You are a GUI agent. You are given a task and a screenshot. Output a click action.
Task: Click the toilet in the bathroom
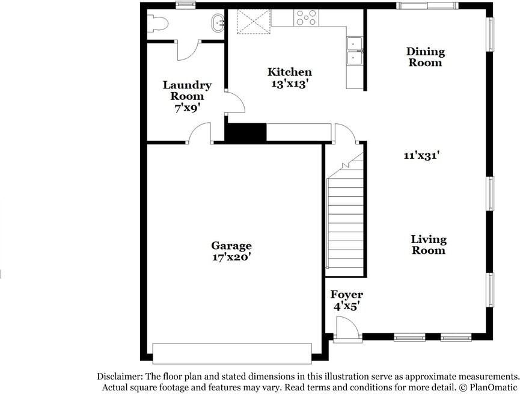pyautogui.click(x=158, y=23)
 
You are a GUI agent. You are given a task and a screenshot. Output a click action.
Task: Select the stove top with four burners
pyautogui.click(x=306, y=18)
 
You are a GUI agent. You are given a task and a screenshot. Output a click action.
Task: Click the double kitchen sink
pyautogui.click(x=353, y=51)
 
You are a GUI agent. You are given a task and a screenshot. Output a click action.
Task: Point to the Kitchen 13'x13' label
pyautogui.click(x=290, y=78)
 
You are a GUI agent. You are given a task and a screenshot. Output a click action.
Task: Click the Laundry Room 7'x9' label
pyautogui.click(x=187, y=96)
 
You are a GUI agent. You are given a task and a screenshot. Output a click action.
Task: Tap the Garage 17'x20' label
pyautogui.click(x=231, y=251)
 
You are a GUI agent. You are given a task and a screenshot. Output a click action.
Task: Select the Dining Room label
pyautogui.click(x=426, y=57)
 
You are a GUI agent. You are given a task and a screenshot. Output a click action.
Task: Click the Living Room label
pyautogui.click(x=429, y=245)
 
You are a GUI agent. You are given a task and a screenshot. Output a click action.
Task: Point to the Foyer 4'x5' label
pyautogui.click(x=346, y=300)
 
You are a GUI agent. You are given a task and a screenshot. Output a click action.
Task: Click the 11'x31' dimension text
pyautogui.click(x=422, y=155)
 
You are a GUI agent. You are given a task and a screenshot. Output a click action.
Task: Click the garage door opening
pyautogui.click(x=232, y=352)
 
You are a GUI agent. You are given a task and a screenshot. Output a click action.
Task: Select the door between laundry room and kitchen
pyautogui.click(x=235, y=102)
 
